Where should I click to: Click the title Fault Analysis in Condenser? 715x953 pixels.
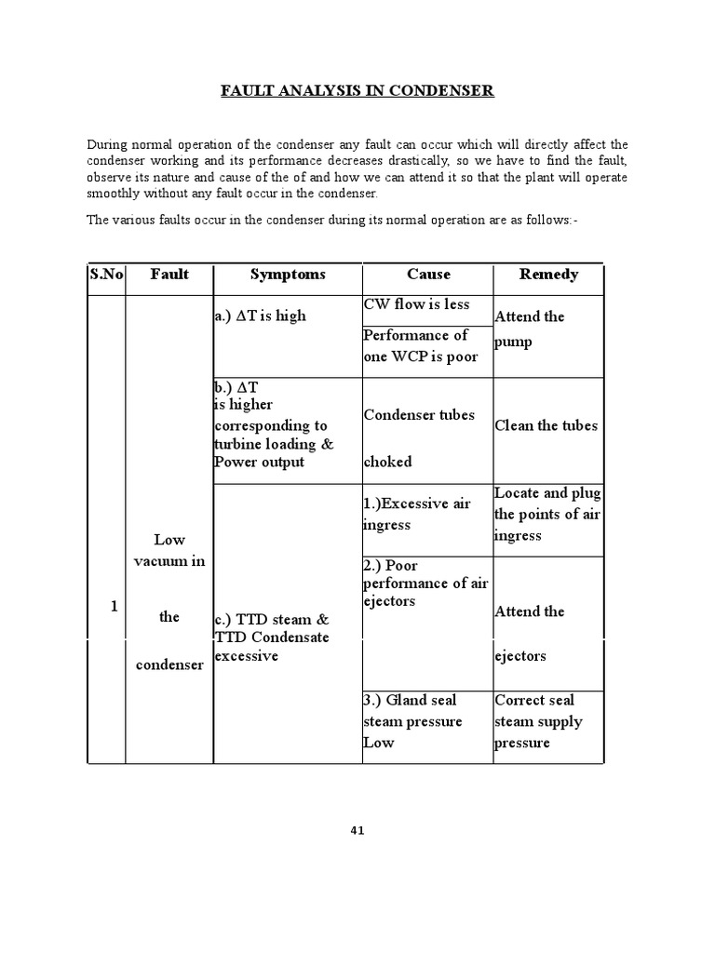(357, 90)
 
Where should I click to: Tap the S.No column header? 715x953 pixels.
(105, 275)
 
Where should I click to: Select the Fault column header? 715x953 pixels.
(169, 275)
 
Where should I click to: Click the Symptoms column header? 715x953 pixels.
(288, 275)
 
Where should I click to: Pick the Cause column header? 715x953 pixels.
(428, 275)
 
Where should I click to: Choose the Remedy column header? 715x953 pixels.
(548, 275)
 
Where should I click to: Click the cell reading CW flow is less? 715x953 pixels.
(416, 304)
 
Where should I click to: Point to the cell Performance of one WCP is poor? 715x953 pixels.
(420, 346)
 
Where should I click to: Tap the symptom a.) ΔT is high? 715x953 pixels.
(260, 315)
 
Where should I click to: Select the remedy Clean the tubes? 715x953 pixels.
(546, 425)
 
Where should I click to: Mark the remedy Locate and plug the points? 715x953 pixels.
(547, 514)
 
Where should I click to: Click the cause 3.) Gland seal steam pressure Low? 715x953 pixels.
(412, 721)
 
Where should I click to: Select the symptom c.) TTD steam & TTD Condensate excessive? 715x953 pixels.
(271, 637)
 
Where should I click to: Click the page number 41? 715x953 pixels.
(357, 831)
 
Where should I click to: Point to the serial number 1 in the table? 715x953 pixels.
(114, 606)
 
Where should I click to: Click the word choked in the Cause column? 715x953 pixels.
(387, 462)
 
